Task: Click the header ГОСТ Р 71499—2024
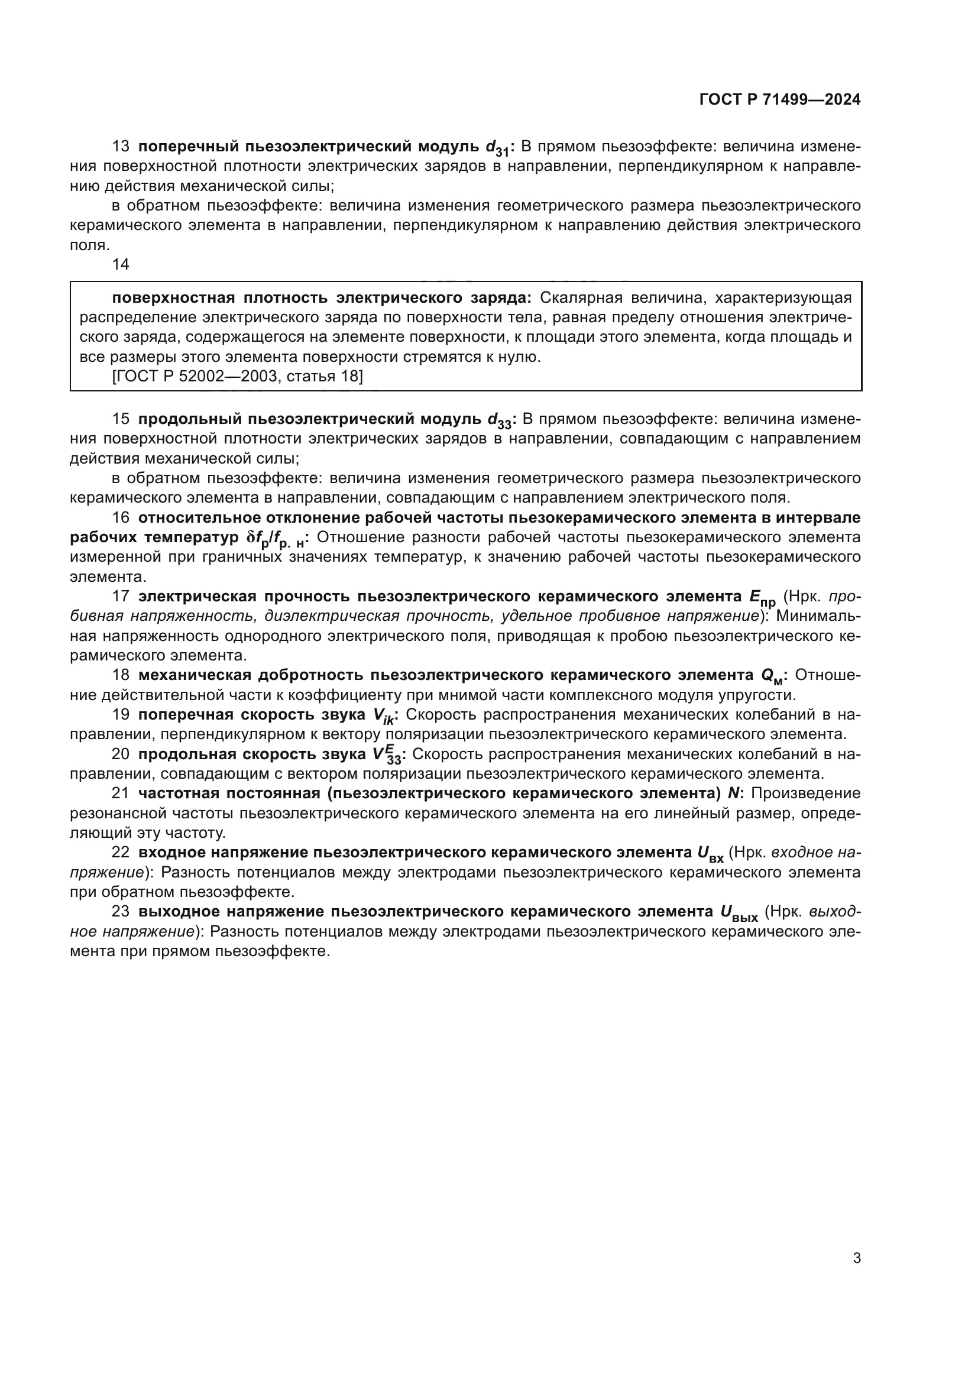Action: (780, 100)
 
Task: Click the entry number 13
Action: (121, 147)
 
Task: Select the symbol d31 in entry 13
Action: (498, 148)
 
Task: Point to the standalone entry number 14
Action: (121, 264)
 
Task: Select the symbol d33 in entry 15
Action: (499, 420)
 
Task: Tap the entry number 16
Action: (121, 517)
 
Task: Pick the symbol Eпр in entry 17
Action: (762, 598)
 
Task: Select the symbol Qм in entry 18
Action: (772, 676)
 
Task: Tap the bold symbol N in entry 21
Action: (733, 793)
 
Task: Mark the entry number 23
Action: (121, 911)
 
